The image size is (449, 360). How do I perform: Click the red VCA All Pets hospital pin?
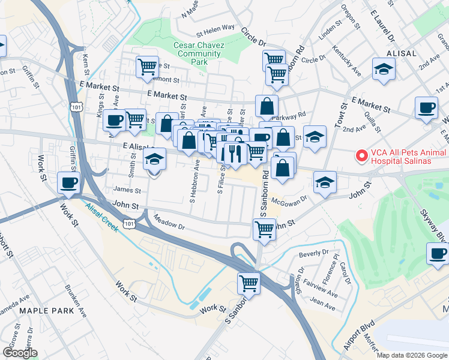361,156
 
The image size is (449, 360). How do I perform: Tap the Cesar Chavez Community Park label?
198,53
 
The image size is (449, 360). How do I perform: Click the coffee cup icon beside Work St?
68,182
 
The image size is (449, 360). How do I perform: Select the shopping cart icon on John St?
265,229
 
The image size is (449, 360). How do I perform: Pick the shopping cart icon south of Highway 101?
249,282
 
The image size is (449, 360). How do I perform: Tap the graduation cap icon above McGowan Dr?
325,182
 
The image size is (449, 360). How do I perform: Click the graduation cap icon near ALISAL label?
383,69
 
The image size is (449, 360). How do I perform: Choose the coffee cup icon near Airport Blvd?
437,253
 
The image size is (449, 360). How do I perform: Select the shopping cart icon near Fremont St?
147,67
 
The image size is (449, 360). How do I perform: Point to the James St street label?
127,191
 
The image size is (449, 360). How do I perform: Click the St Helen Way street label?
215,28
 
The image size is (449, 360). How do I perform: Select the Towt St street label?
343,115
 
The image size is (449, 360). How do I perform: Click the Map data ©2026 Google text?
412,355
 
